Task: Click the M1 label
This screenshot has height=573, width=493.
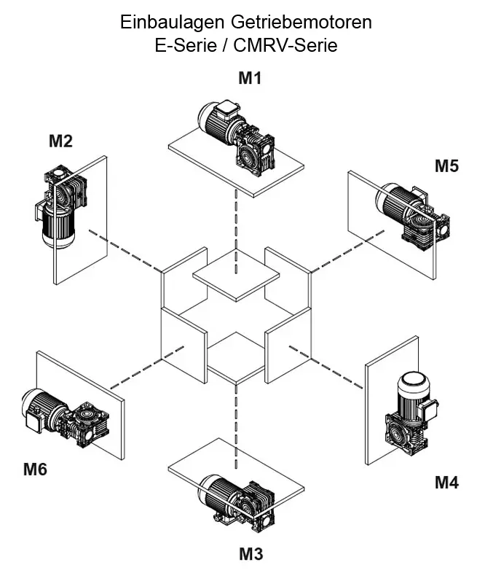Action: (x=250, y=79)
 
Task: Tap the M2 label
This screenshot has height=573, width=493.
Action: (x=60, y=141)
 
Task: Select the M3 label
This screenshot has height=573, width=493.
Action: (x=251, y=554)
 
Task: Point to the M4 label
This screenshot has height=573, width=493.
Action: (x=446, y=482)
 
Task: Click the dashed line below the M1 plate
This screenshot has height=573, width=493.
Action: (x=236, y=219)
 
